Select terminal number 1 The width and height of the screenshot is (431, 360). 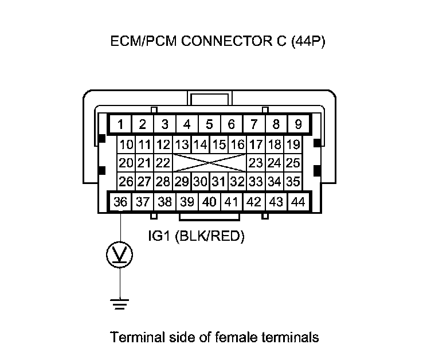point(121,124)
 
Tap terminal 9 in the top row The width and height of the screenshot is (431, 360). point(298,124)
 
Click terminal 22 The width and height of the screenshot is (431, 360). point(163,163)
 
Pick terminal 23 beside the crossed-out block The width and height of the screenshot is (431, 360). point(256,163)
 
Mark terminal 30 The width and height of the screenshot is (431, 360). point(200,182)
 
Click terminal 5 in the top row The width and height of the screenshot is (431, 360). point(209,124)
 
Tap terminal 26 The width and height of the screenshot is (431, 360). point(126,182)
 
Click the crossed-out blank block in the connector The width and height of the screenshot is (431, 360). point(209,163)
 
